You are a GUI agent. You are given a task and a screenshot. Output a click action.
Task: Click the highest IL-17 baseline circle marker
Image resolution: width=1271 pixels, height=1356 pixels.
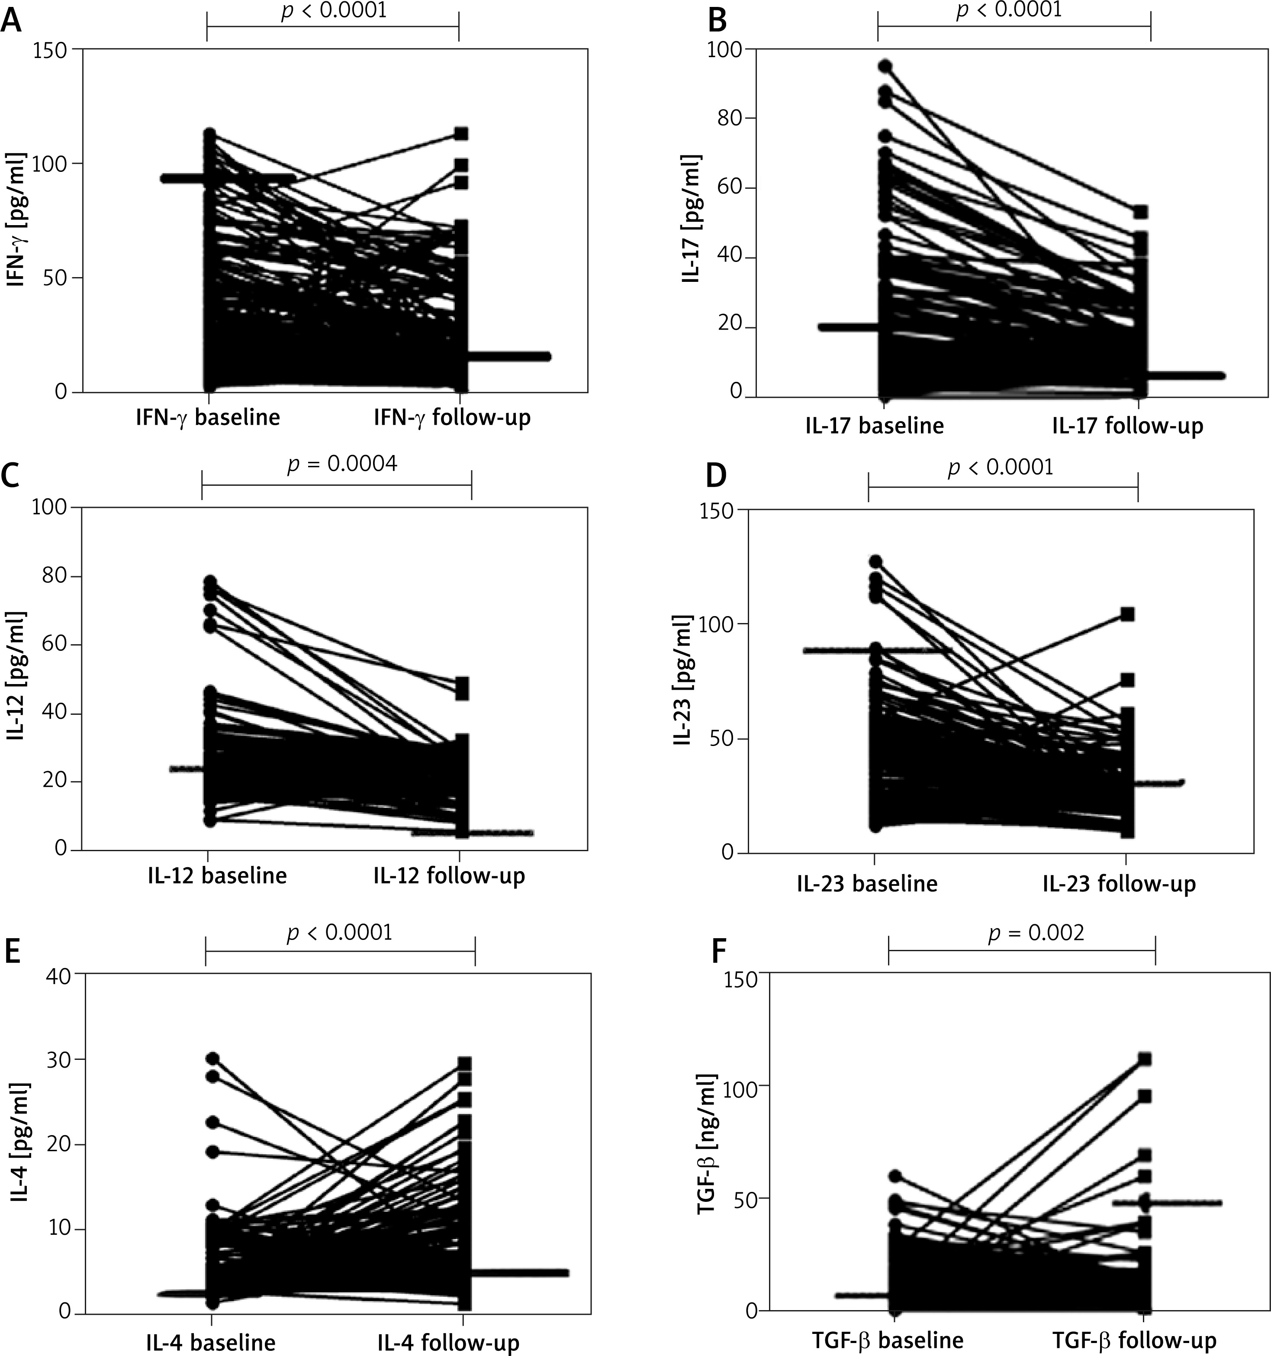(x=885, y=66)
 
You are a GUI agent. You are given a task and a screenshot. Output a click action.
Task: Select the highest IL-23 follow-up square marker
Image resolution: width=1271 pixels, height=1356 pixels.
(x=1128, y=614)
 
